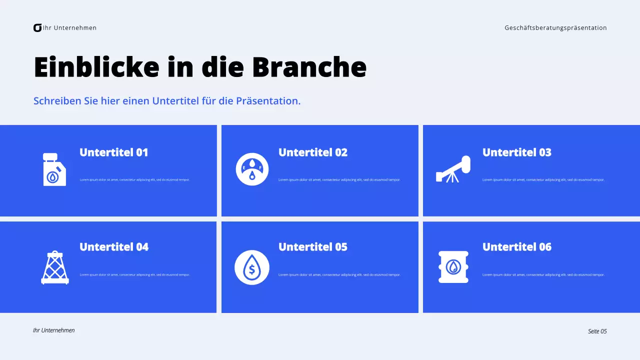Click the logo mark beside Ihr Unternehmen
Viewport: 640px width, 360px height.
(x=37, y=28)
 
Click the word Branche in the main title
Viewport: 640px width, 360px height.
(x=309, y=67)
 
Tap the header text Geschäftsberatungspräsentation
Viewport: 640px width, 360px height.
(x=555, y=28)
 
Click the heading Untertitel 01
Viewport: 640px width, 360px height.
(x=114, y=152)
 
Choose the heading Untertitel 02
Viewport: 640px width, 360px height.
(x=313, y=152)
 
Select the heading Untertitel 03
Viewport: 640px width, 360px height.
(x=517, y=152)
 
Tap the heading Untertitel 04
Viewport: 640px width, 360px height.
(x=114, y=247)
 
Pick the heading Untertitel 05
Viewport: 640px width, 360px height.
(x=313, y=247)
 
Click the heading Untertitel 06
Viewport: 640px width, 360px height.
(x=517, y=247)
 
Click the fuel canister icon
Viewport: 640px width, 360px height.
(x=54, y=169)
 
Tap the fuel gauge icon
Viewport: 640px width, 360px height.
(x=252, y=169)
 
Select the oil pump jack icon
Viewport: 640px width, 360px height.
(x=453, y=169)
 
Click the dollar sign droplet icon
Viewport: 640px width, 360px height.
(x=252, y=267)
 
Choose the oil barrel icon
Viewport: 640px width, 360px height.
(x=453, y=267)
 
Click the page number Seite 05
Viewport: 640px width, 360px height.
(x=597, y=331)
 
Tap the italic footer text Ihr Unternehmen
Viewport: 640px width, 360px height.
(x=53, y=330)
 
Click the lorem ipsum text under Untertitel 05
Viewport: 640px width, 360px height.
(x=339, y=274)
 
